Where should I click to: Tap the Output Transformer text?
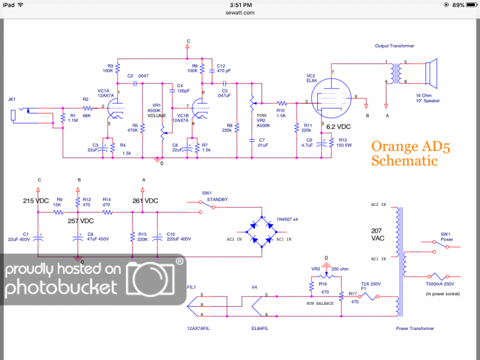click(395, 46)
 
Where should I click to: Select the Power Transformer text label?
click(415, 328)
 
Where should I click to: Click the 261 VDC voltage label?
click(145, 200)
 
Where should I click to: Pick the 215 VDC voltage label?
click(36, 200)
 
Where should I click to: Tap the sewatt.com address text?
click(239, 12)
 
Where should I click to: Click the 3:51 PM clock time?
click(239, 4)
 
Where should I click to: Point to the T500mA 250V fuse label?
click(441, 284)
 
